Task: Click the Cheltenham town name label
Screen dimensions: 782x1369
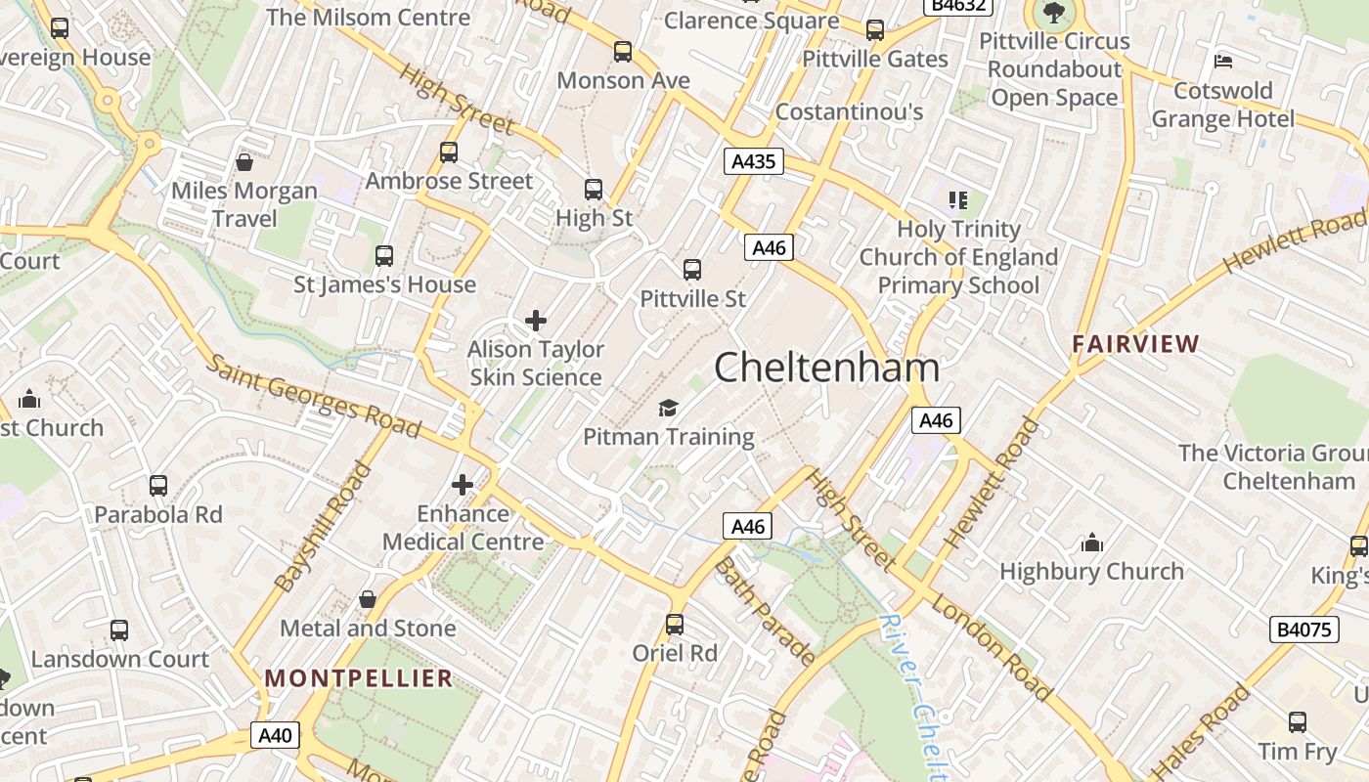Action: click(826, 368)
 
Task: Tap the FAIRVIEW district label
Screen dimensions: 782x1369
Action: click(1135, 344)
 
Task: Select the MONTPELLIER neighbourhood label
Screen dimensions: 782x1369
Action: click(359, 677)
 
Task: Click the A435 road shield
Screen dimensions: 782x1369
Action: click(754, 161)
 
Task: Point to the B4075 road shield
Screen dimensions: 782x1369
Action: click(1305, 629)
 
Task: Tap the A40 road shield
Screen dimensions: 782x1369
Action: click(274, 735)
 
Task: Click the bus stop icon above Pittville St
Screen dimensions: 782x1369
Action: click(692, 269)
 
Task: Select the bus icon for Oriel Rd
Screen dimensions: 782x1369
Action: click(675, 624)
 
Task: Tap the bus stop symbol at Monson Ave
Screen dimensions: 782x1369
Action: click(623, 52)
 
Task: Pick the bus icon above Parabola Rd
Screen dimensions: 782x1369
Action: click(158, 485)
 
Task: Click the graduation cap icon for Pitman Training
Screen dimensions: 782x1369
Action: click(668, 408)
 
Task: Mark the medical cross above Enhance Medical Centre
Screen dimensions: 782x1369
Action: click(463, 484)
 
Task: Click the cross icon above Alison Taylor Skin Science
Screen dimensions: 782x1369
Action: click(535, 320)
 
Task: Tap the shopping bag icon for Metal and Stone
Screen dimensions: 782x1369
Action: click(368, 598)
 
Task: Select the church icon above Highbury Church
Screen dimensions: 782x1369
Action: click(1091, 543)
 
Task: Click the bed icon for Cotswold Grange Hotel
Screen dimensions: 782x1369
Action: click(1222, 61)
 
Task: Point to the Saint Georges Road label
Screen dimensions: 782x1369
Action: click(313, 395)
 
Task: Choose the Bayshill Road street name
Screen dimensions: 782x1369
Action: click(324, 527)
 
